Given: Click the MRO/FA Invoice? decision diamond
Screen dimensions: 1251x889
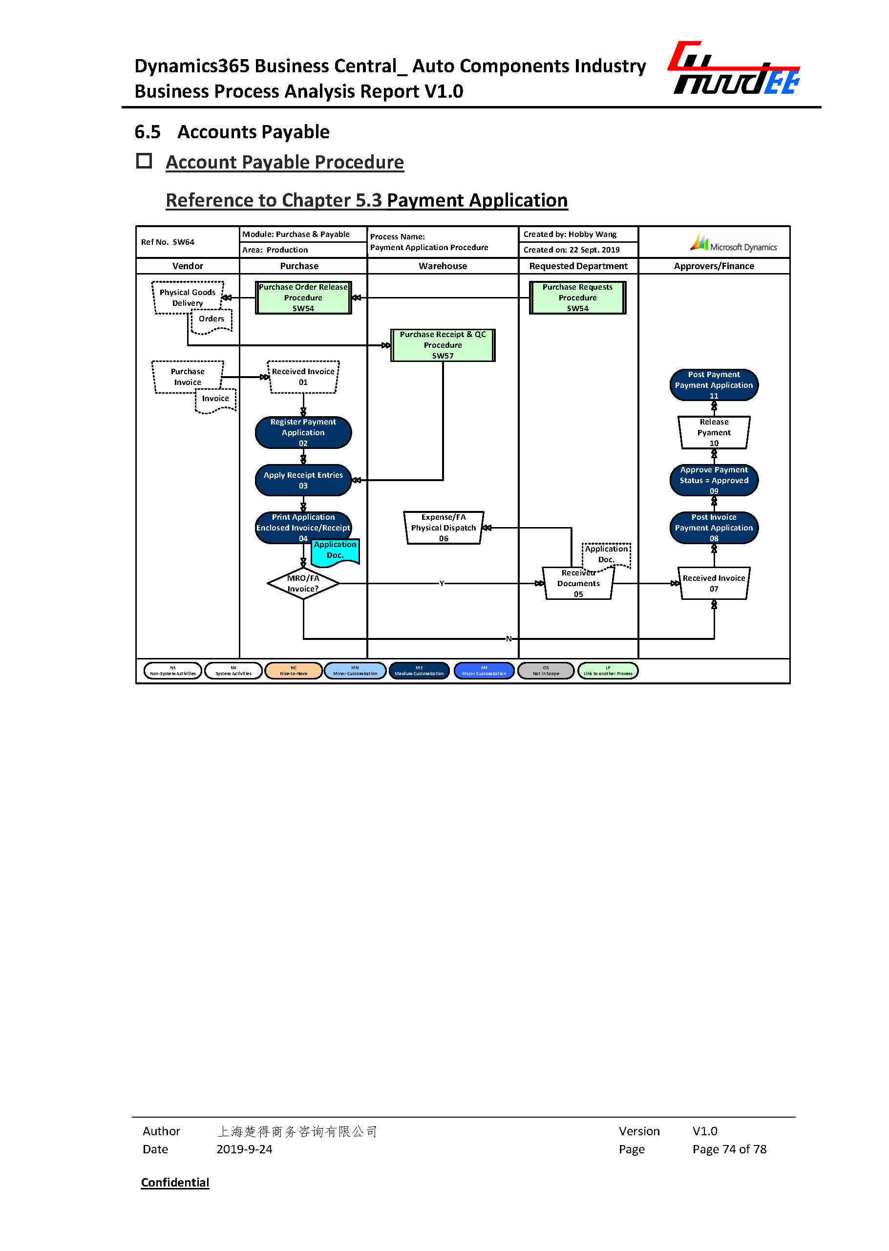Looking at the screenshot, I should point(303,583).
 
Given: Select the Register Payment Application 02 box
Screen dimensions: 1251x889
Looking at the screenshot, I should point(303,432).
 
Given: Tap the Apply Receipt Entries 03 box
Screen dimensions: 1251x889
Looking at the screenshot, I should point(303,480).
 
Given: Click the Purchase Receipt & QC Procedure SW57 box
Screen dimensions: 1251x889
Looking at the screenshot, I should point(443,345).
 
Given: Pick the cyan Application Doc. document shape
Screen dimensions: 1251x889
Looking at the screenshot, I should point(335,551).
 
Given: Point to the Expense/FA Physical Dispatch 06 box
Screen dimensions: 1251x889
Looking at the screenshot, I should point(444,528).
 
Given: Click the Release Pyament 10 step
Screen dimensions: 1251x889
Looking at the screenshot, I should point(714,432).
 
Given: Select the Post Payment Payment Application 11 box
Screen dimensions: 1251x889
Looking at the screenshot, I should point(714,384).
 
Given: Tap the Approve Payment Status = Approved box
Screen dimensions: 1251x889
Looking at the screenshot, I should point(714,480).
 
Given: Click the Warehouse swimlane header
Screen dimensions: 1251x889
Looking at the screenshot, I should point(443,266).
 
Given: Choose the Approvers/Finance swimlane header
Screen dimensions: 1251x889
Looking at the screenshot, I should point(714,266).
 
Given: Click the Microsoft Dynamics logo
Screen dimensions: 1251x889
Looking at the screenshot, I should point(733,243).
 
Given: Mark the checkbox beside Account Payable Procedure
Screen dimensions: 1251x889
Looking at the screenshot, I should point(144,161).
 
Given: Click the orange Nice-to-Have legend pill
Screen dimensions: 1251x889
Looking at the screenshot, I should point(294,671).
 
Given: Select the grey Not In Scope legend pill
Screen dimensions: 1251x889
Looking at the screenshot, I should point(546,671).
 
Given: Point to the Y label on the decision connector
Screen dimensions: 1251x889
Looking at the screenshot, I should point(441,584).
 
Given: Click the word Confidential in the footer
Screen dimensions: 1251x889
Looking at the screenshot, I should point(175,1182).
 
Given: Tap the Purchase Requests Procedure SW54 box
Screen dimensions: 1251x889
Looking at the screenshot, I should point(577,297).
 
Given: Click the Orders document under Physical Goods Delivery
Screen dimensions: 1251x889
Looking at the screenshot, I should point(212,321).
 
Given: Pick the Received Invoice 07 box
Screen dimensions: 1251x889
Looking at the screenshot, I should point(714,583).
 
